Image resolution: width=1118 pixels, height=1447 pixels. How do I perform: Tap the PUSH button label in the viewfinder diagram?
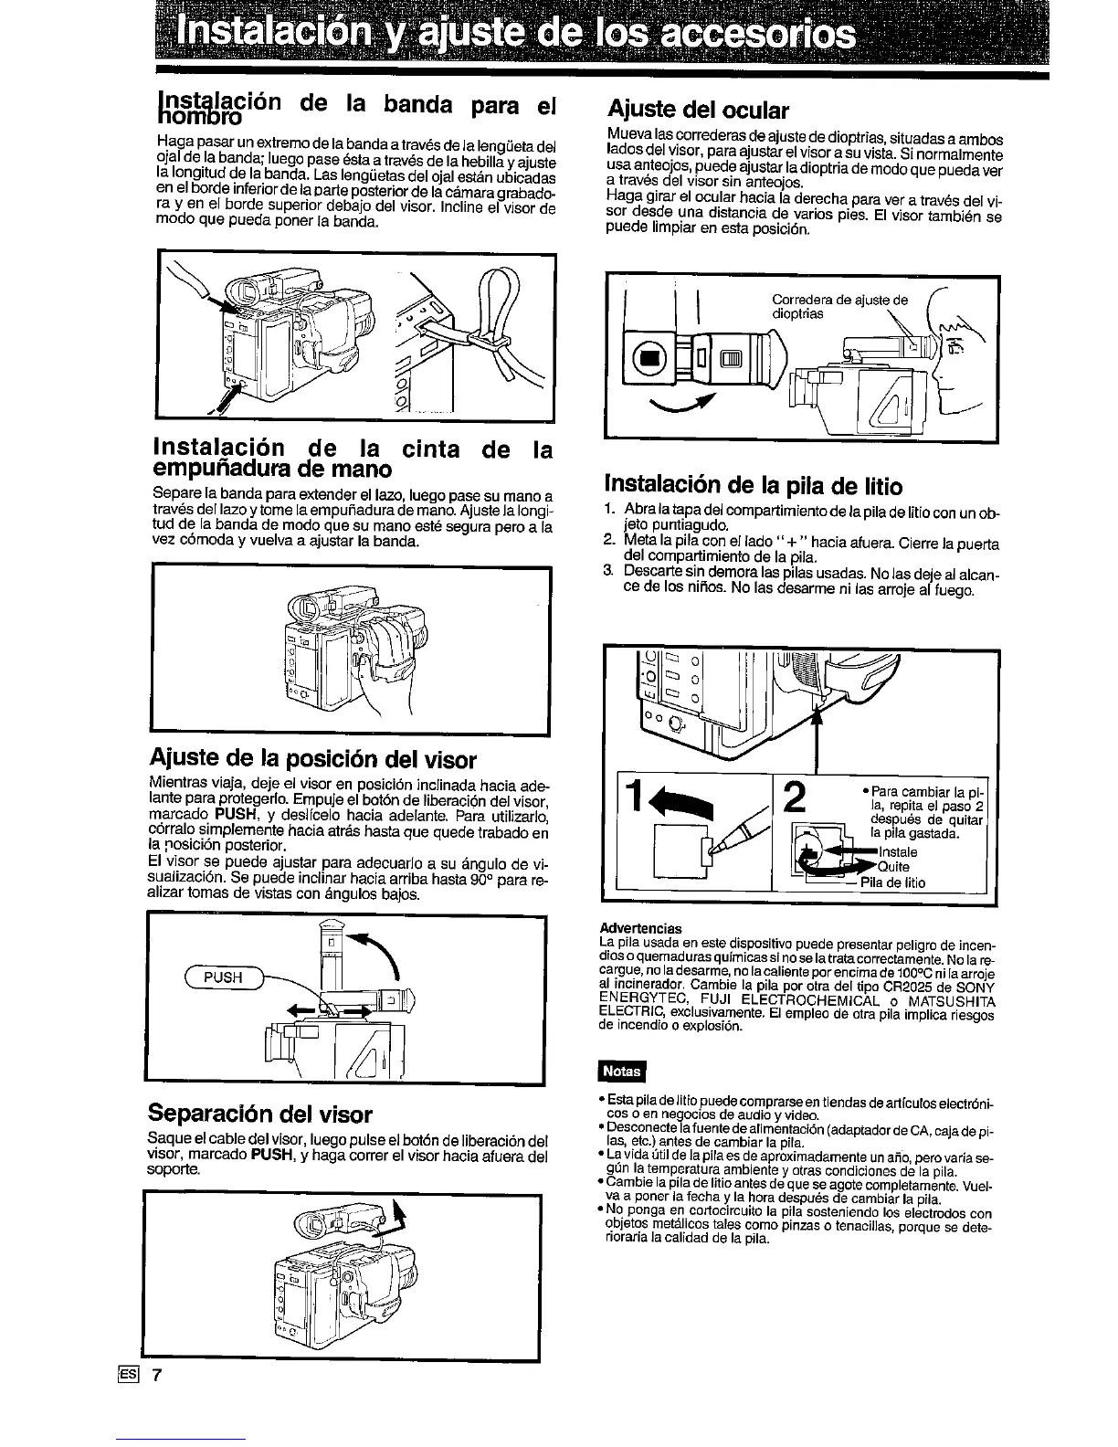click(222, 977)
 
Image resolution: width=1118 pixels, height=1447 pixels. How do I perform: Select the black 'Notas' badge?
click(620, 1072)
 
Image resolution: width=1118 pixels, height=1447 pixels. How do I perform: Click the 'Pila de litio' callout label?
click(892, 882)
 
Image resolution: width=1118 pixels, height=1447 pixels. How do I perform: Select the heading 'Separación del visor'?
click(260, 1114)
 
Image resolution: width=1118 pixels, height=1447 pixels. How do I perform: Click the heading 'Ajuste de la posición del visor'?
click(311, 759)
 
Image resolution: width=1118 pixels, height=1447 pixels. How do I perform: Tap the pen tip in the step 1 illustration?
click(716, 851)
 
